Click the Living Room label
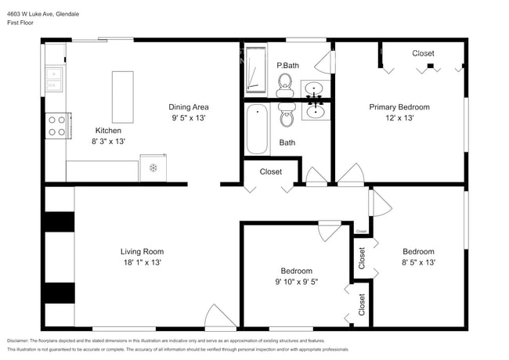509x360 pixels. click(x=142, y=251)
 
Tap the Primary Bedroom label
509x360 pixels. click(x=399, y=107)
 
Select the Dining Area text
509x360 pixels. click(x=189, y=107)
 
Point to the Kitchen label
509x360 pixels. click(x=108, y=131)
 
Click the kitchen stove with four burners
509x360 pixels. click(x=56, y=126)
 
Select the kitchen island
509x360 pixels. click(x=123, y=93)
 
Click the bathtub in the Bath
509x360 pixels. click(x=257, y=130)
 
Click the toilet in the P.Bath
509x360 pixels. click(x=285, y=81)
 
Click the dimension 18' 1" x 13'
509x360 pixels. click(x=142, y=263)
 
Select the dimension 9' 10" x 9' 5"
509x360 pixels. click(x=296, y=282)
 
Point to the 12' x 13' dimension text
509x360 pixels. click(x=399, y=118)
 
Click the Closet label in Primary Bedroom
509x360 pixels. click(x=423, y=53)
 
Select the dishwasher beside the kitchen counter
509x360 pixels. click(x=153, y=167)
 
